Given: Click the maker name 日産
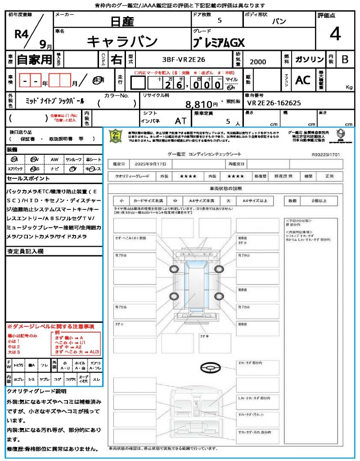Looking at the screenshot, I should click(x=122, y=21).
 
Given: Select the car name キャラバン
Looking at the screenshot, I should click(x=122, y=41).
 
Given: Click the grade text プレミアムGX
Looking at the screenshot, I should click(x=219, y=42).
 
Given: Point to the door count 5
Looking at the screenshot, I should click(x=219, y=21).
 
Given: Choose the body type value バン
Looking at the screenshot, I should click(x=279, y=22).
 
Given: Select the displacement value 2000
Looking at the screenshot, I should click(x=258, y=62).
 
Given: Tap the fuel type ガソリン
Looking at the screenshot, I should click(x=309, y=59).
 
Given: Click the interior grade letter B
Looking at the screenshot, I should click(x=345, y=59).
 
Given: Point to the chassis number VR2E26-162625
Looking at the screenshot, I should click(x=274, y=103).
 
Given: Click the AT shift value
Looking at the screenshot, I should click(x=180, y=121).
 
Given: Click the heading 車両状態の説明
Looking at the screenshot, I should click(x=225, y=188).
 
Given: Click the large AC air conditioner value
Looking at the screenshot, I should click(x=303, y=80).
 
